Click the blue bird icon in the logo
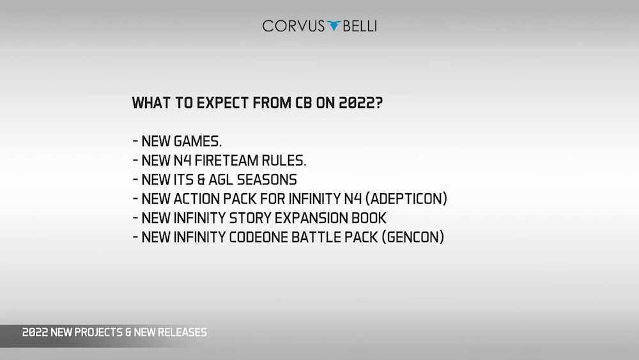tap(334, 26)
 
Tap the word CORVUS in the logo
tap(293, 26)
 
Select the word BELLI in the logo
tap(359, 26)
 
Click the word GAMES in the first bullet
tap(197, 141)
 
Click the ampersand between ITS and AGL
tap(201, 180)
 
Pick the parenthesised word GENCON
tap(413, 237)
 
